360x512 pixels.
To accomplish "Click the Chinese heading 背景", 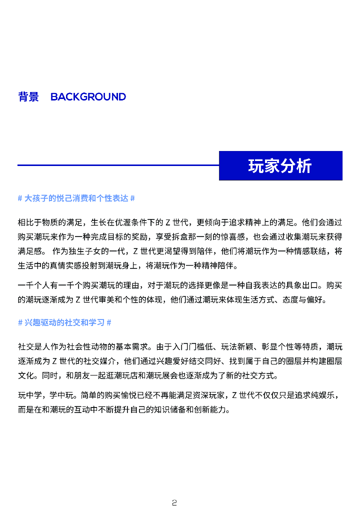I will coord(28,97).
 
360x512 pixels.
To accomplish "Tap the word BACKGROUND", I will coord(88,97).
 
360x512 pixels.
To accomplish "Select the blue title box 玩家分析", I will coord(280,166).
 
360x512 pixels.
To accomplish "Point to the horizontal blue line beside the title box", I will coord(118,165).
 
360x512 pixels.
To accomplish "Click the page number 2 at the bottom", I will coord(174,502).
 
